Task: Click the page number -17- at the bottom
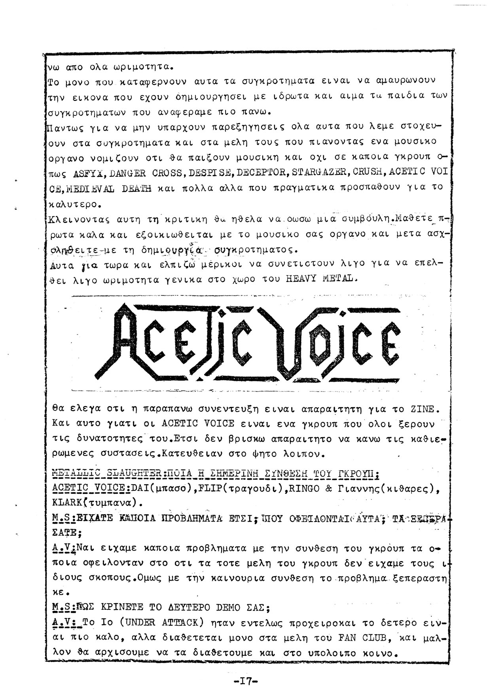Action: (x=245, y=681)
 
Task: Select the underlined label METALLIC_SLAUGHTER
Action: (x=107, y=474)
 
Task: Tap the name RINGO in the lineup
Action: (x=304, y=488)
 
